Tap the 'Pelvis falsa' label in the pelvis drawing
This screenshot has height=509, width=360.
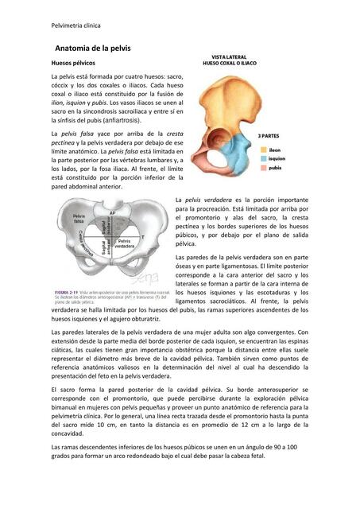click(x=79, y=219)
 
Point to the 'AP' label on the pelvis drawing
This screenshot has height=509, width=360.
click(x=113, y=213)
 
